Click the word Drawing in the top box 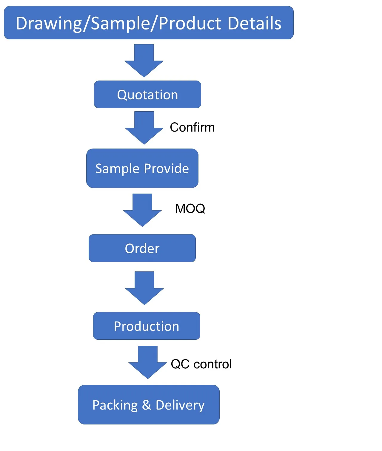(49, 24)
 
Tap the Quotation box (147, 95)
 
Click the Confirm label (192, 127)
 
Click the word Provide (167, 169)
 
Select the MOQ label (190, 208)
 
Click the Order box (142, 248)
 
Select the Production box (147, 326)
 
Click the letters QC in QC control (180, 364)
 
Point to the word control (212, 364)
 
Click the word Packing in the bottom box (115, 405)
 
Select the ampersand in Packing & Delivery (147, 405)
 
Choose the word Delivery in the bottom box (180, 405)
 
